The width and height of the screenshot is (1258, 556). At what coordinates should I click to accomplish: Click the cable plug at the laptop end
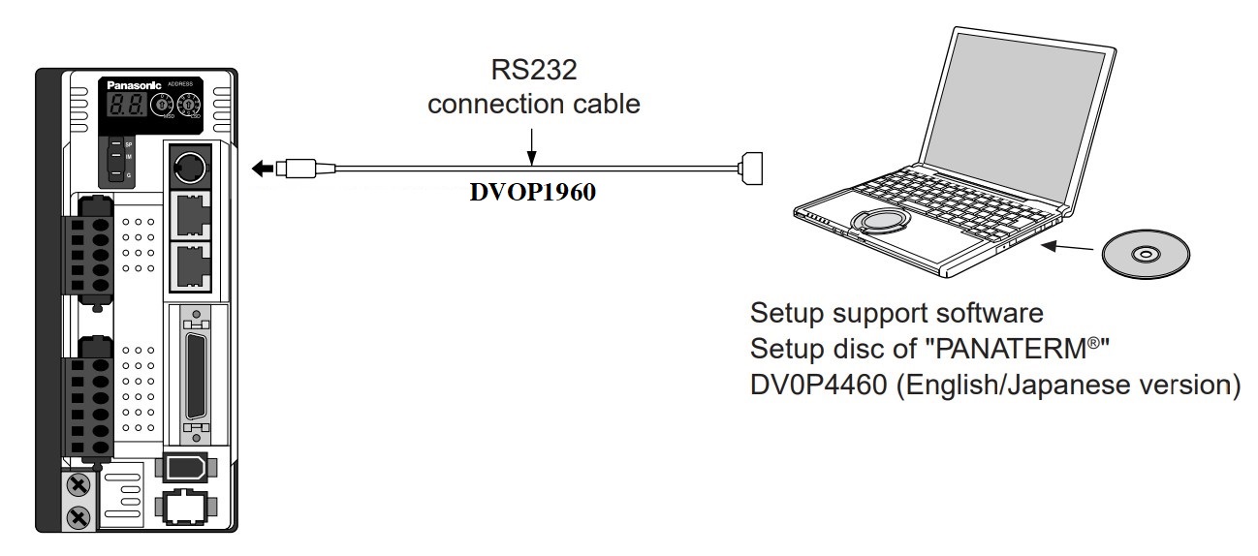tap(751, 169)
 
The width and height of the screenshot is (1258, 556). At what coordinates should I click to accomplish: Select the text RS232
tap(534, 71)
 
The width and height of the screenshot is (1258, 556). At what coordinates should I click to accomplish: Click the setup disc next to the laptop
tap(1147, 254)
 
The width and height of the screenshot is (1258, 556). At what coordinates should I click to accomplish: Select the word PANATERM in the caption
tap(993, 349)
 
